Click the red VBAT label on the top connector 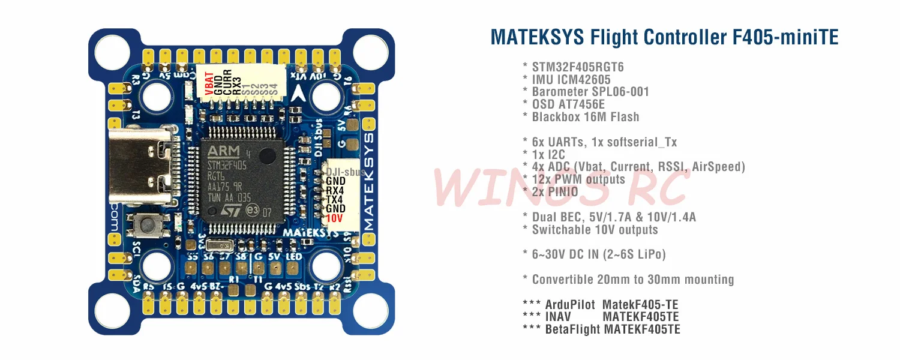209,84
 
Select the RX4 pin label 335,190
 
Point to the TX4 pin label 335,199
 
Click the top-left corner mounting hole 112,50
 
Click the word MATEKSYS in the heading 537,37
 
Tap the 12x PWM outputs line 578,179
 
